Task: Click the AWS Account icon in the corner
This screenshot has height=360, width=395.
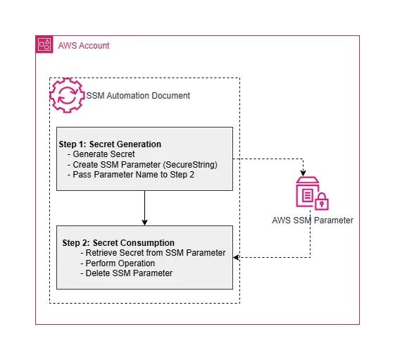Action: click(x=44, y=45)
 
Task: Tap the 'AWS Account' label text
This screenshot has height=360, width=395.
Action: click(x=83, y=46)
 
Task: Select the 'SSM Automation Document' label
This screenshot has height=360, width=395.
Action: click(x=137, y=96)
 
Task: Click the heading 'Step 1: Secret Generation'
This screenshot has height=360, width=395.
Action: click(x=110, y=144)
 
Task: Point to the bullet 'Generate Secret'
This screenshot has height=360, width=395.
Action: click(x=104, y=154)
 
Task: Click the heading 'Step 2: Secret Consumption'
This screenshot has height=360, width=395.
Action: click(x=118, y=243)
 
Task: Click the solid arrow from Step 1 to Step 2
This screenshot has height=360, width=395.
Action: click(x=144, y=208)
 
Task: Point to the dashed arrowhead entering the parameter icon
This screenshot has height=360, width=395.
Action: click(x=303, y=172)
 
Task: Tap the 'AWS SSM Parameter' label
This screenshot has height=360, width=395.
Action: click(x=312, y=221)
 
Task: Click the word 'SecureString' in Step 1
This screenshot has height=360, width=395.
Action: click(x=191, y=164)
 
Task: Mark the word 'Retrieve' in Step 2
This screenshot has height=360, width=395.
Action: click(x=99, y=253)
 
